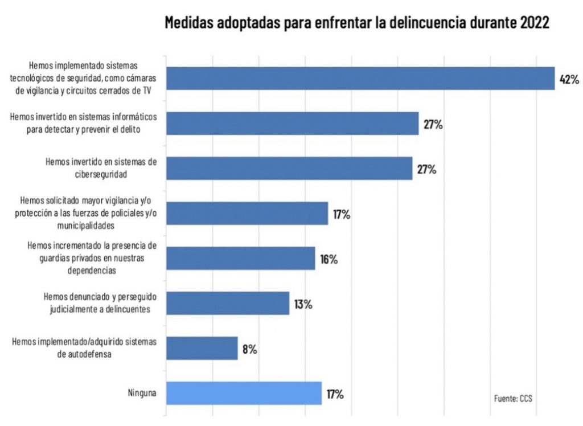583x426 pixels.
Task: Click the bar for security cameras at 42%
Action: click(x=360, y=79)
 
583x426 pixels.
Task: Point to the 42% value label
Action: click(x=569, y=80)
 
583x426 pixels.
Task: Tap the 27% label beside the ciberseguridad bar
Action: click(x=426, y=169)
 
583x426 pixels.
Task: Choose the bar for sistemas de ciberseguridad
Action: click(x=289, y=168)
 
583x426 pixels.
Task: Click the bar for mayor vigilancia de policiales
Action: click(x=247, y=213)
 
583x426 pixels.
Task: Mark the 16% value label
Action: click(x=329, y=259)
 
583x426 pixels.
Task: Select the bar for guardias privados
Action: click(x=240, y=258)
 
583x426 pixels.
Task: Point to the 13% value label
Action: click(x=303, y=304)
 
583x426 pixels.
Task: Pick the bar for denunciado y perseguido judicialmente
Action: click(x=227, y=303)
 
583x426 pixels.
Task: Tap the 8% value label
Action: click(x=249, y=349)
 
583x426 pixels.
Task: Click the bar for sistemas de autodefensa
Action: click(x=201, y=348)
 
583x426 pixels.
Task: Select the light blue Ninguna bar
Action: click(x=243, y=393)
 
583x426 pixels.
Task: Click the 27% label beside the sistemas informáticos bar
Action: click(x=433, y=124)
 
